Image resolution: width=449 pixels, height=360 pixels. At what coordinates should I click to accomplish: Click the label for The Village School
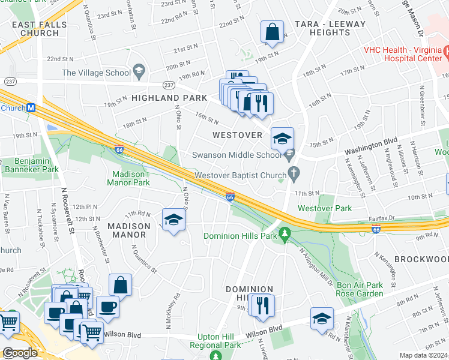[96, 73]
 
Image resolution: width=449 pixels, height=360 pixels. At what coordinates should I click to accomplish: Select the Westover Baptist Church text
[238, 176]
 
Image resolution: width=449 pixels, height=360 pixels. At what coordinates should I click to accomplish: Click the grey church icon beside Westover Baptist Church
[293, 175]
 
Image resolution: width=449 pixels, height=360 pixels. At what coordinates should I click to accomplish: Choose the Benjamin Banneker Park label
[29, 166]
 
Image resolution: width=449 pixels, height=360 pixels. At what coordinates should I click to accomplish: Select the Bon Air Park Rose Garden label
[360, 289]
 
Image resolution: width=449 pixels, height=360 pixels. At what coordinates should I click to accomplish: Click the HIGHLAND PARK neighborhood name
[165, 97]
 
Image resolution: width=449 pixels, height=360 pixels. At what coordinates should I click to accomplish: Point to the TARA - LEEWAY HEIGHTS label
[330, 28]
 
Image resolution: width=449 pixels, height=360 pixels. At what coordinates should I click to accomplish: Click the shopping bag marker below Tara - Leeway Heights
[272, 32]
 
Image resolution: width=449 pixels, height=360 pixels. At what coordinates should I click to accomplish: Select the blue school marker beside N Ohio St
[173, 220]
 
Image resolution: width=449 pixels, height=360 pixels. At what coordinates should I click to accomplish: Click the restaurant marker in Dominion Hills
[262, 305]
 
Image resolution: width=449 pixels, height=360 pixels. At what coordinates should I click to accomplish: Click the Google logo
[20, 353]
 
